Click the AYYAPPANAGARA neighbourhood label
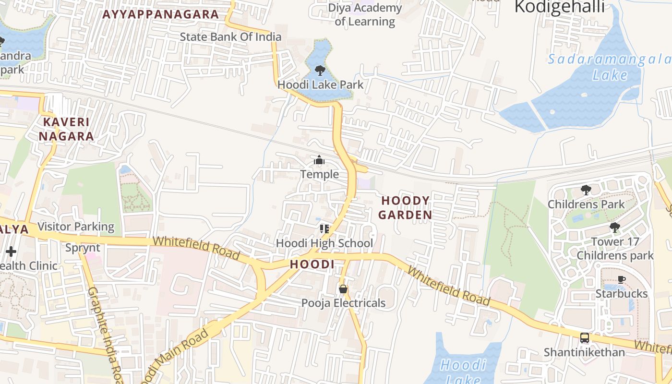click(161, 14)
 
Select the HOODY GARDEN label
click(405, 207)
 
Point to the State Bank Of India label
click(230, 37)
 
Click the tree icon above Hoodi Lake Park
click(319, 71)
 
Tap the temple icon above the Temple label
click(319, 160)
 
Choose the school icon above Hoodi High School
click(324, 229)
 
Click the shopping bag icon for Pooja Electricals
click(343, 289)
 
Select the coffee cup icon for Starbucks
click(622, 279)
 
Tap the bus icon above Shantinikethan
click(584, 338)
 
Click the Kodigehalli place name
click(559, 7)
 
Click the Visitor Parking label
click(76, 227)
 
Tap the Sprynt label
click(83, 248)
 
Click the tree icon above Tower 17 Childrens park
click(615, 227)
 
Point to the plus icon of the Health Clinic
click(11, 252)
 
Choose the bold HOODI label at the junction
click(312, 264)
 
